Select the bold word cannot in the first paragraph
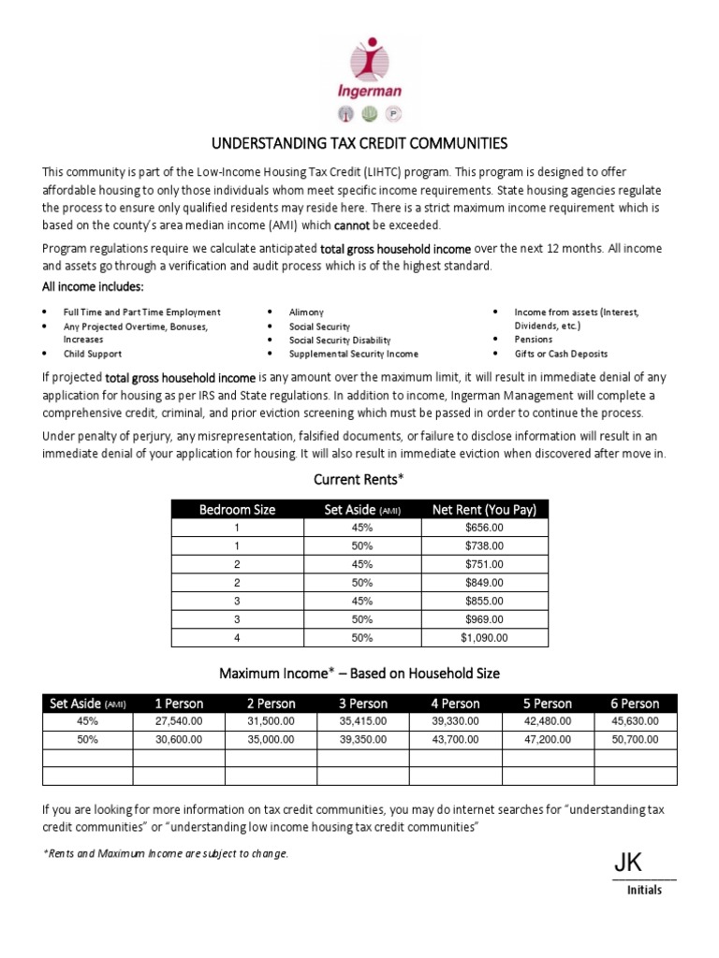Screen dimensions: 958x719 coord(352,225)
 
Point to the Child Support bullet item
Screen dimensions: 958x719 coord(92,354)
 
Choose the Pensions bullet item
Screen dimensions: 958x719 coord(534,340)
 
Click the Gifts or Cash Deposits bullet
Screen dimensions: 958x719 coord(561,354)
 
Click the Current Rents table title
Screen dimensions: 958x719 coord(359,480)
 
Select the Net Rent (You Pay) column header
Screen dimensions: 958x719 coord(484,510)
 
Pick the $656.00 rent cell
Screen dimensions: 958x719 coord(484,528)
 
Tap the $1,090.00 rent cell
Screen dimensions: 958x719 coord(484,637)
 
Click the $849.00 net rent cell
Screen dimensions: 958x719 coord(484,583)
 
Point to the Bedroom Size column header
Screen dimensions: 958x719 coord(237,510)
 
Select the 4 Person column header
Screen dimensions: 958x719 coord(455,704)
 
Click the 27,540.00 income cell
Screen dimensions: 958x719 coord(178,721)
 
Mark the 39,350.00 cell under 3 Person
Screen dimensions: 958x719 coord(363,739)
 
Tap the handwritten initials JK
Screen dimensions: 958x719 coord(628,864)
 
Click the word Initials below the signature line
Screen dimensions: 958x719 coord(644,890)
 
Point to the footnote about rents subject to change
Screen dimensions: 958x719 coord(166,854)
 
